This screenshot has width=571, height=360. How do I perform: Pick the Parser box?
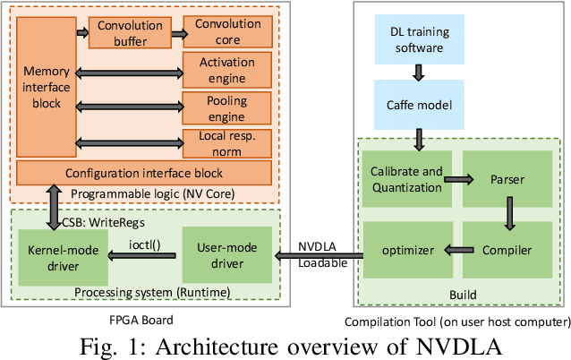(507, 180)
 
